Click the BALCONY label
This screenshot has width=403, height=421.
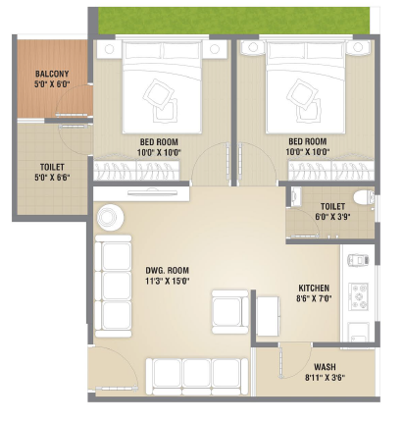(52, 74)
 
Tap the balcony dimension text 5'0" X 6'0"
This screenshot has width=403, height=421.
(52, 84)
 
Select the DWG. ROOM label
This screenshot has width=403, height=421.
(167, 271)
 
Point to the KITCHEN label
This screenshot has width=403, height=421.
(314, 289)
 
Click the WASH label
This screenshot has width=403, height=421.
(325, 367)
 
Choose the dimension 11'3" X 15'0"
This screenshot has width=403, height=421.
(168, 281)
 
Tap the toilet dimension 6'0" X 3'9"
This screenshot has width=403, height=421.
(332, 217)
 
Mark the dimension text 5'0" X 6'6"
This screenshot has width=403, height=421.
(52, 178)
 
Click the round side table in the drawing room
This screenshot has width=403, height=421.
(110, 217)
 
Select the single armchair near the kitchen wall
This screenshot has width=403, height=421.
(229, 312)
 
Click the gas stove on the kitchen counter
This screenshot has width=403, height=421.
(359, 296)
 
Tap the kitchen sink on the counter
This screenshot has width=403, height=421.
(359, 333)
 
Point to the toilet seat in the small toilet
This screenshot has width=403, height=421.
(364, 197)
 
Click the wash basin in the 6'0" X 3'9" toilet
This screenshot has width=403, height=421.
(295, 196)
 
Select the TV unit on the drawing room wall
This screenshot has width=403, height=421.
(141, 193)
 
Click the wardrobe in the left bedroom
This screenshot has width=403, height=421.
(136, 170)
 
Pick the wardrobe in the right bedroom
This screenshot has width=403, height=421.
(331, 170)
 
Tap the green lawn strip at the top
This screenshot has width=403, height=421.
(234, 21)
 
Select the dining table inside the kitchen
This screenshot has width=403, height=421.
(268, 316)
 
